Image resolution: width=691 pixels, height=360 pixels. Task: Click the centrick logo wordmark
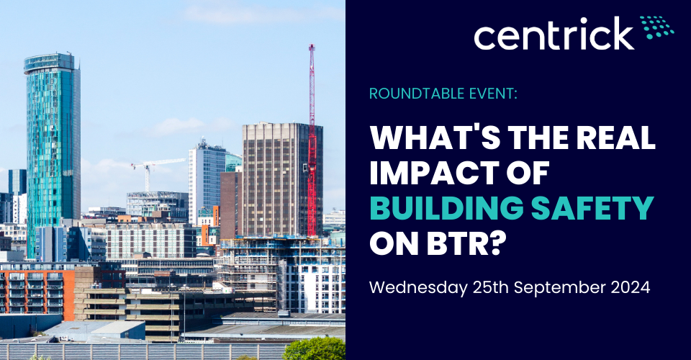tap(554, 34)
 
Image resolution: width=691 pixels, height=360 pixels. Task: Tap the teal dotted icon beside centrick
tap(657, 27)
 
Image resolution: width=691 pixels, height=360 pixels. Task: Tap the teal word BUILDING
tap(446, 207)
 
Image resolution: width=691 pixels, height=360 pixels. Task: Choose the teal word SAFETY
tap(592, 207)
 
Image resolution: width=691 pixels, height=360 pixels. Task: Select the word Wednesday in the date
tap(418, 288)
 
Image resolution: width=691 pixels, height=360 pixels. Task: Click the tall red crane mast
tap(312, 140)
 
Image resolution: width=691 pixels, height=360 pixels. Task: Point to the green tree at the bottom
tap(315, 349)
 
